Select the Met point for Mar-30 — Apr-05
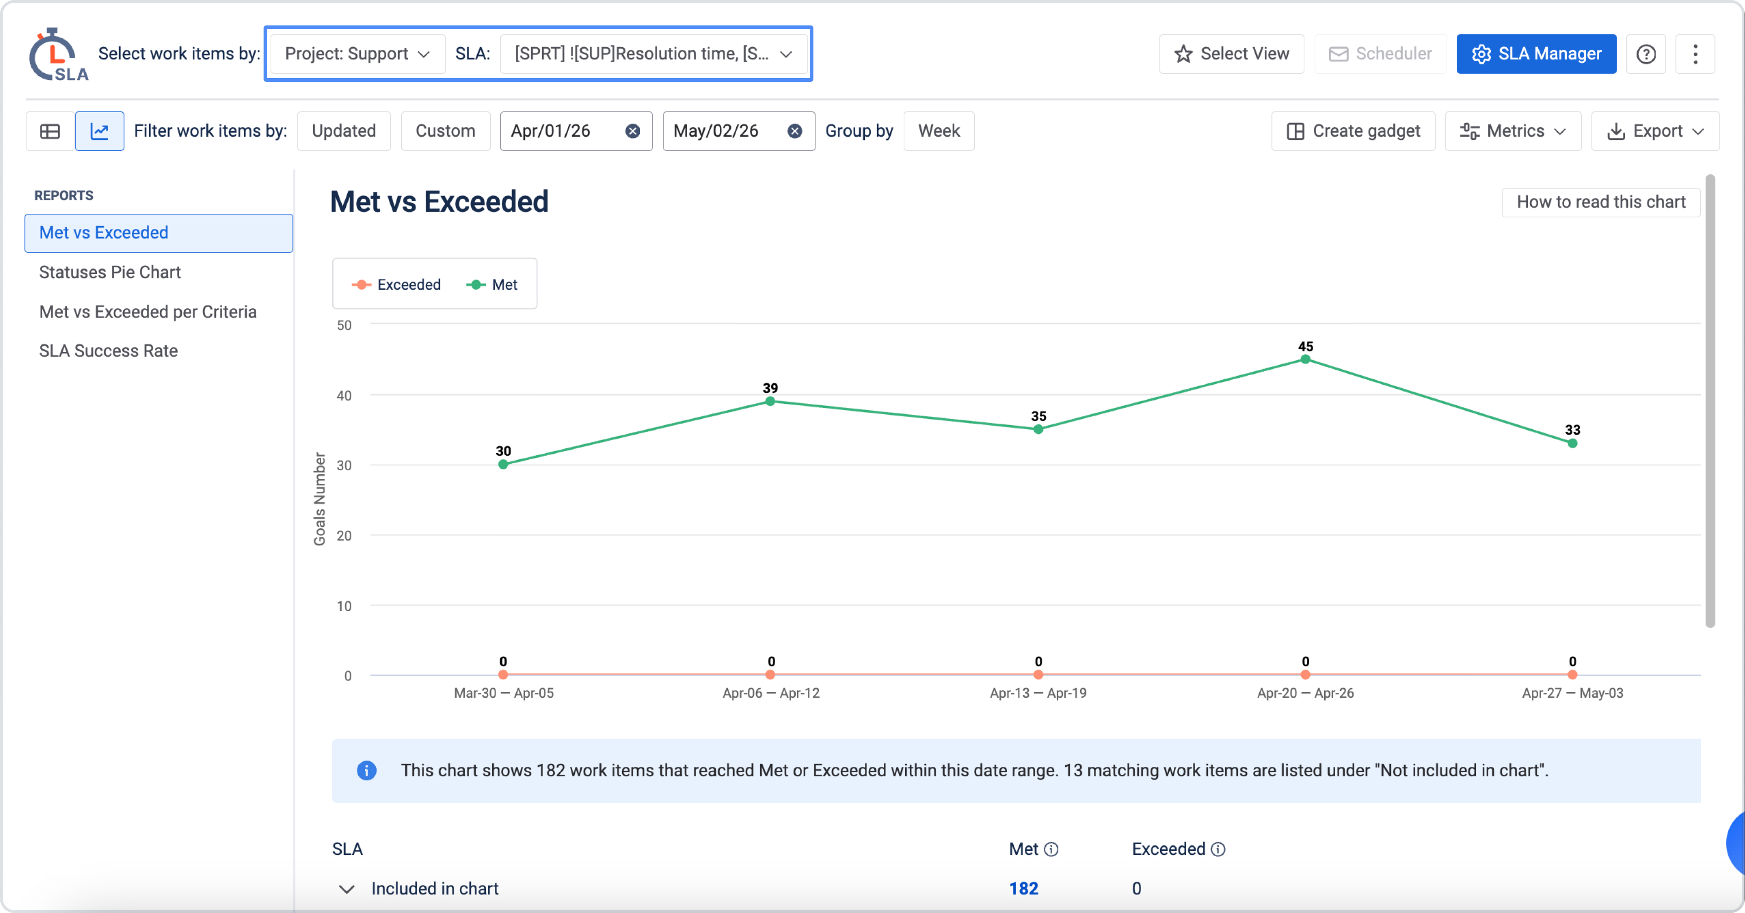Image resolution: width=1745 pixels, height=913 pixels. [504, 465]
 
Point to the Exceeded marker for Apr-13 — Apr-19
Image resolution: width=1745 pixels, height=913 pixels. [1038, 675]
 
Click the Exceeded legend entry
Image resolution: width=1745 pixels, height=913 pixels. [396, 284]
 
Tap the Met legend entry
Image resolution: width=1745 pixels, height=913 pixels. [492, 284]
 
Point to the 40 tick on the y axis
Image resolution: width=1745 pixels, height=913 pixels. [344, 396]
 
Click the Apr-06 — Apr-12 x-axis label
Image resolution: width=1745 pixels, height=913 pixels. [771, 693]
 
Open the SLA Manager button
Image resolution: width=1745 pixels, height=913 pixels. [1536, 54]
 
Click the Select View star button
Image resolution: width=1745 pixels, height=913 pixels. [1231, 54]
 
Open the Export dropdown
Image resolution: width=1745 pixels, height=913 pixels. [1655, 131]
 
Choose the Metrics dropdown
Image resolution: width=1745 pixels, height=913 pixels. [1513, 131]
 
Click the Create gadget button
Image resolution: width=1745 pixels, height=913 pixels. [1353, 131]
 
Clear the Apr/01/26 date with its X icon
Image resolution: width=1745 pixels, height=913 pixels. [633, 131]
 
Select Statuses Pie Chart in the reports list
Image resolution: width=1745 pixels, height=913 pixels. [110, 272]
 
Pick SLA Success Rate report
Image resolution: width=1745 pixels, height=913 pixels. [109, 351]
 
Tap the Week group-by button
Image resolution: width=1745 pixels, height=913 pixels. [939, 131]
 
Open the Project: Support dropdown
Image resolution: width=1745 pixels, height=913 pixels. [358, 54]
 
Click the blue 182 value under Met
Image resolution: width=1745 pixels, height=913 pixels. [1023, 888]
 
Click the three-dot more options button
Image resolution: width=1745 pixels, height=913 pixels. [1695, 54]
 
